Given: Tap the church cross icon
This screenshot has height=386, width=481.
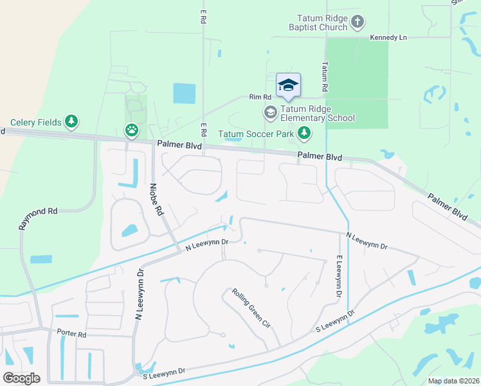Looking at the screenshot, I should click(x=358, y=23).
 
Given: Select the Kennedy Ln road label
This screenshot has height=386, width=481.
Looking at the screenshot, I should click(x=388, y=38).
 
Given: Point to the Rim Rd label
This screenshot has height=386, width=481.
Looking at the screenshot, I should click(x=260, y=97).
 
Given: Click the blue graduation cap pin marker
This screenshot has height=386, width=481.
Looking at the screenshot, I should click(x=288, y=86).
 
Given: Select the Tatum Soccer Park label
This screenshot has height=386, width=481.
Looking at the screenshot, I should click(x=256, y=134).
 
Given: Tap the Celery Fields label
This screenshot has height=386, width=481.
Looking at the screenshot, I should click(x=36, y=122).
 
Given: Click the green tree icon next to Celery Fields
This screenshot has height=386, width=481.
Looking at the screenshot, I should click(x=73, y=122).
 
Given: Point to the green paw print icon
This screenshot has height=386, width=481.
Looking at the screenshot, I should click(x=132, y=131).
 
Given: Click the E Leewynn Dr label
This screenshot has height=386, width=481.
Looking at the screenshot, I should click(x=338, y=276).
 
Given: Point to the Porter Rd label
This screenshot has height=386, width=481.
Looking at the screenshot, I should click(x=71, y=335).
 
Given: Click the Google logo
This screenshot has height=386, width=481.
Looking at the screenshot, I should click(x=21, y=378).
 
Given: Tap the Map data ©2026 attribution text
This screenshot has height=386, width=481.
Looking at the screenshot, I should click(x=453, y=381).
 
